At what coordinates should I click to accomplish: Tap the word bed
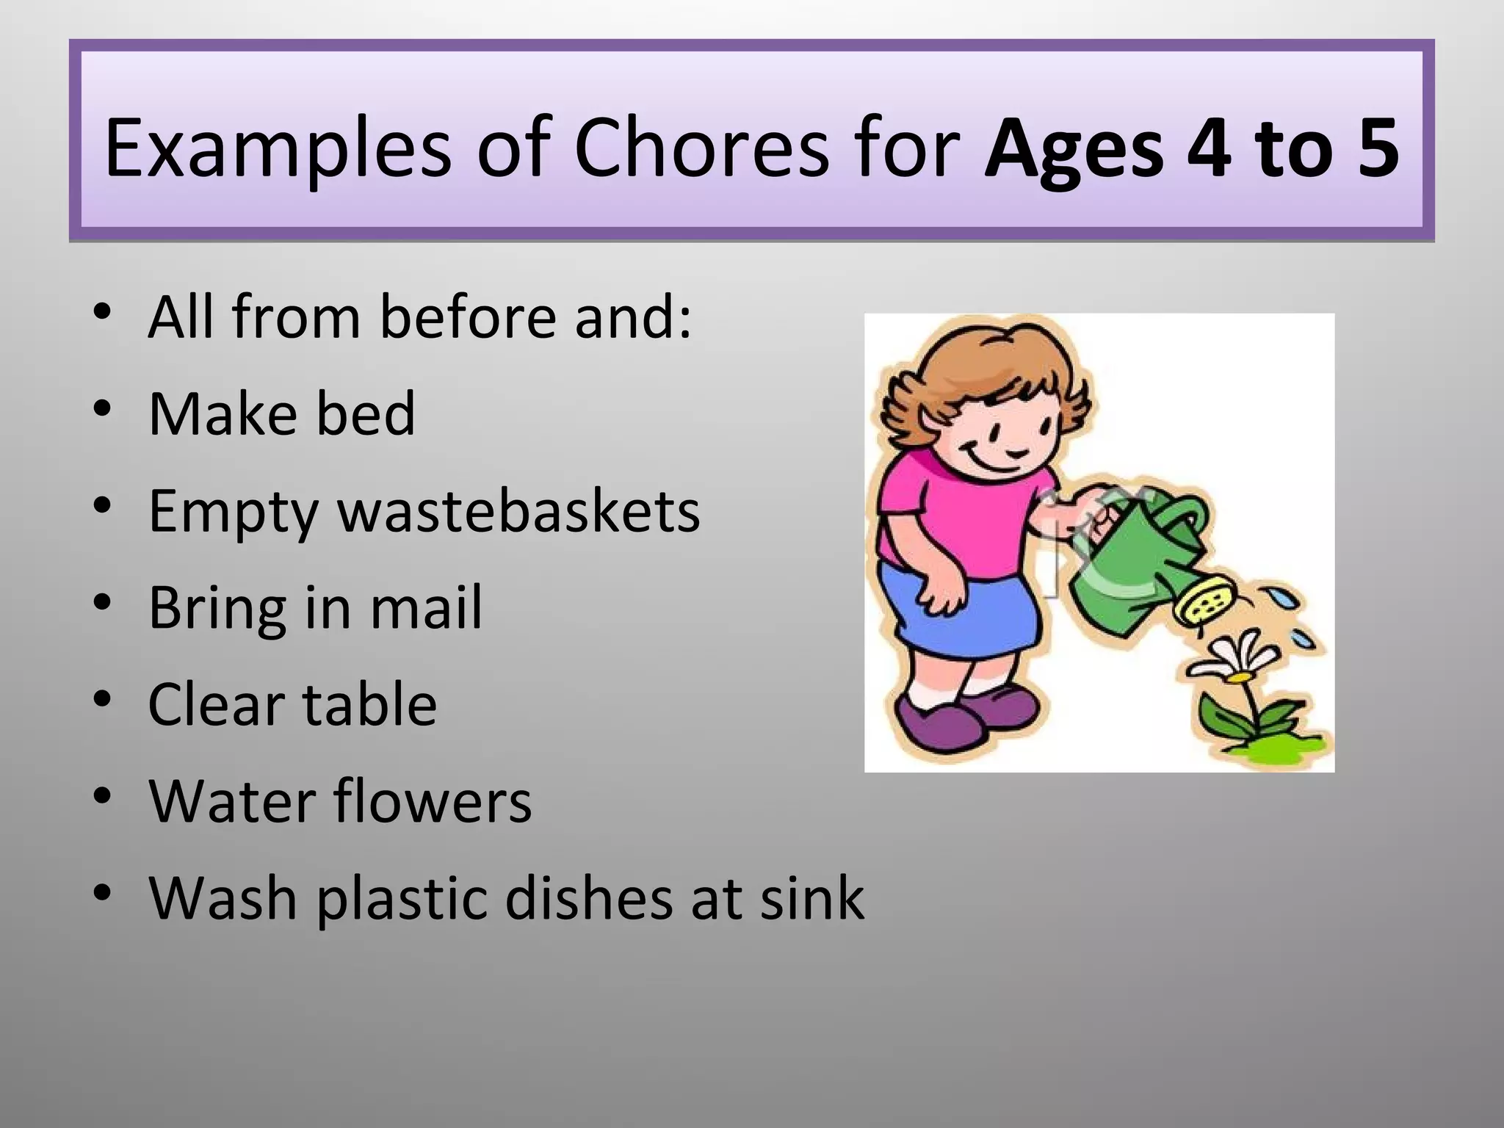[365, 413]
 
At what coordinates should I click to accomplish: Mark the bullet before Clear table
[103, 698]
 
